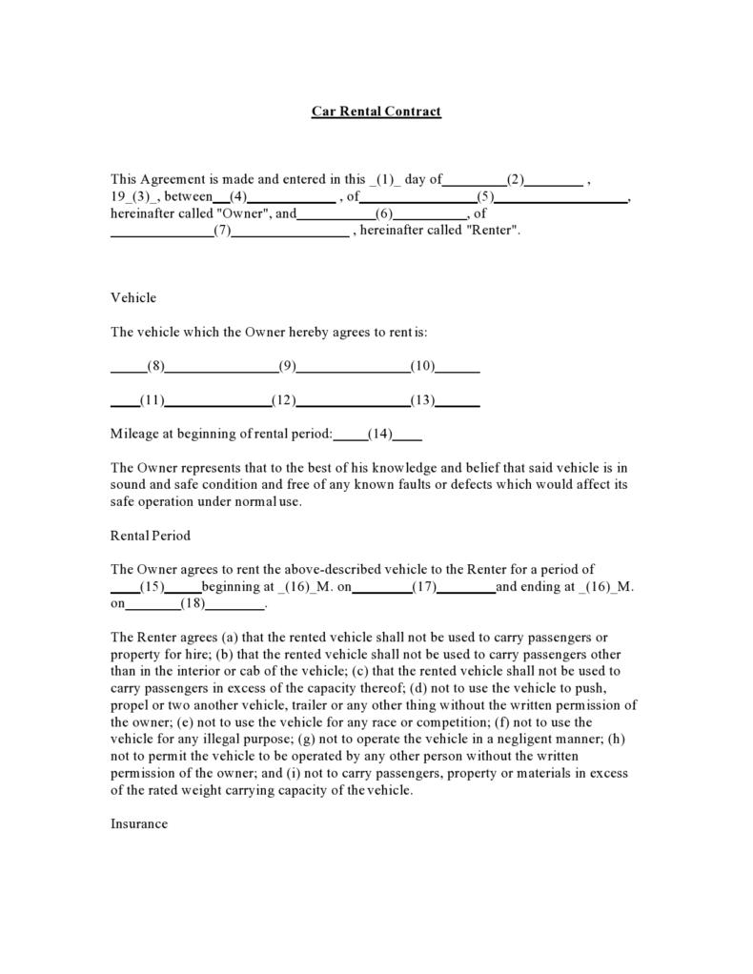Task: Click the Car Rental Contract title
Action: (x=376, y=112)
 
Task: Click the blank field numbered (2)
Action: (x=516, y=179)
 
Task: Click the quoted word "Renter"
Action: (x=492, y=231)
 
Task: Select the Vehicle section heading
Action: (x=133, y=297)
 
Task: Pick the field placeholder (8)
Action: (x=156, y=367)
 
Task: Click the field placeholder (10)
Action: (x=423, y=367)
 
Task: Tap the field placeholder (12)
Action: (x=284, y=400)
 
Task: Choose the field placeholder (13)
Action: (x=423, y=400)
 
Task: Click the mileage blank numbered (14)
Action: (x=380, y=434)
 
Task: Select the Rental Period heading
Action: (x=151, y=536)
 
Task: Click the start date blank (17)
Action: (x=424, y=587)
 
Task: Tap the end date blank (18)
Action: (x=193, y=604)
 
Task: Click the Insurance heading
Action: (x=139, y=823)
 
